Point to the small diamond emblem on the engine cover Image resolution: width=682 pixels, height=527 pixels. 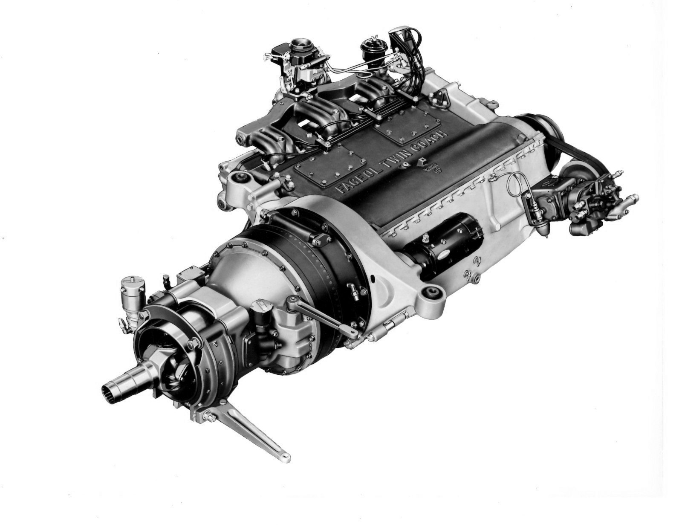(422, 162)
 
